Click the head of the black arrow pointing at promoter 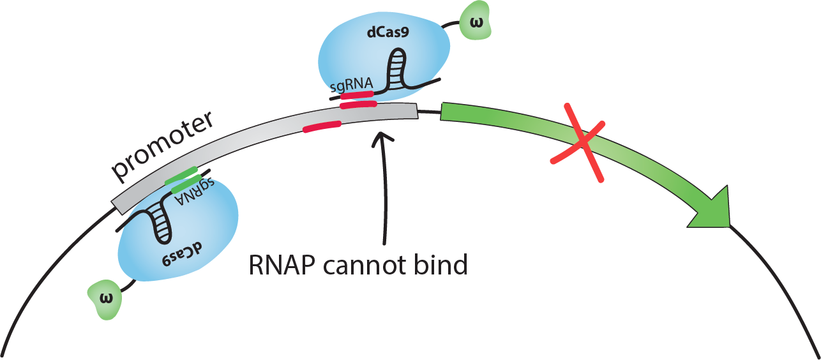pyautogui.click(x=382, y=137)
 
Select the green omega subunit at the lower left pyautogui.click(x=106, y=299)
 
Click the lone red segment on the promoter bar pyautogui.click(x=322, y=126)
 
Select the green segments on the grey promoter pyautogui.click(x=183, y=179)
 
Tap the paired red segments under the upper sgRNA pyautogui.click(x=358, y=100)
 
